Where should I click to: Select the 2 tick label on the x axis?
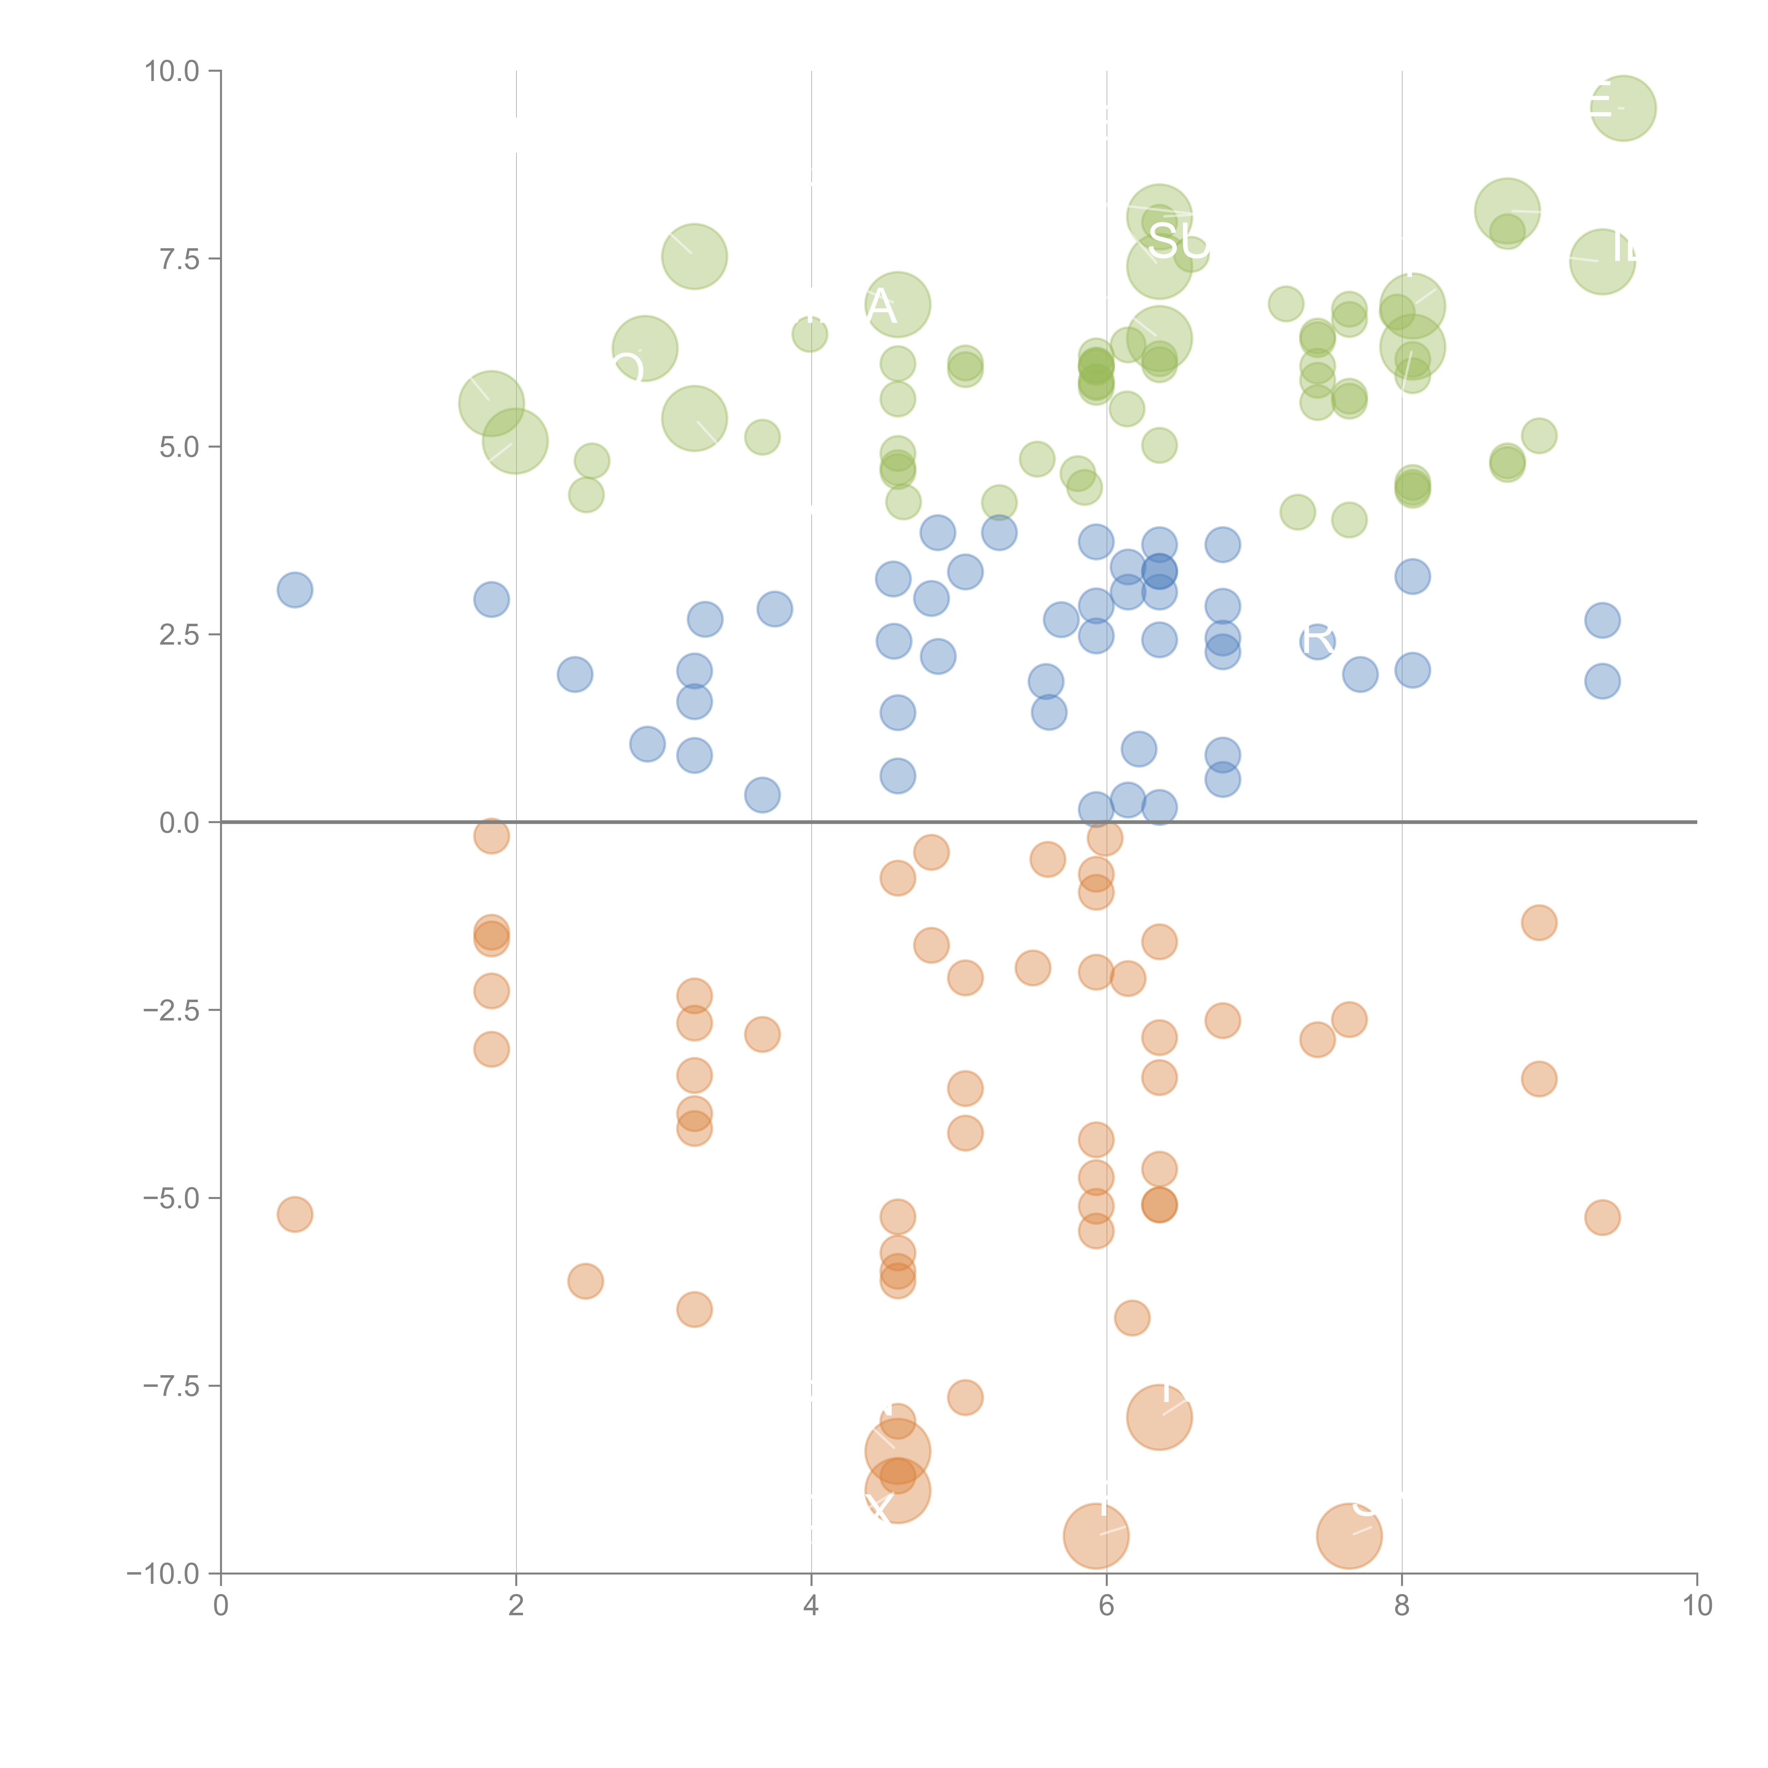point(516,1606)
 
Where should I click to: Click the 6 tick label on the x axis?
point(1106,1606)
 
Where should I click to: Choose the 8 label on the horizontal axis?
point(1402,1606)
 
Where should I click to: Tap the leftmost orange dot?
point(295,1214)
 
